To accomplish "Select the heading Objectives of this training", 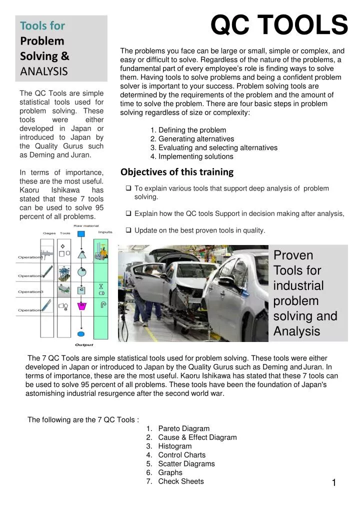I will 177,172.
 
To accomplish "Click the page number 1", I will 334,482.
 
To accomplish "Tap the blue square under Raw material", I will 81,233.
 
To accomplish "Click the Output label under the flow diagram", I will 83,344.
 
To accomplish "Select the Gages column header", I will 49,233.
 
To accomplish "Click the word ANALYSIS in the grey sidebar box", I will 44,71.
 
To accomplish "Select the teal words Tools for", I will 42,24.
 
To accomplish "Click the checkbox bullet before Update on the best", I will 128,230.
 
